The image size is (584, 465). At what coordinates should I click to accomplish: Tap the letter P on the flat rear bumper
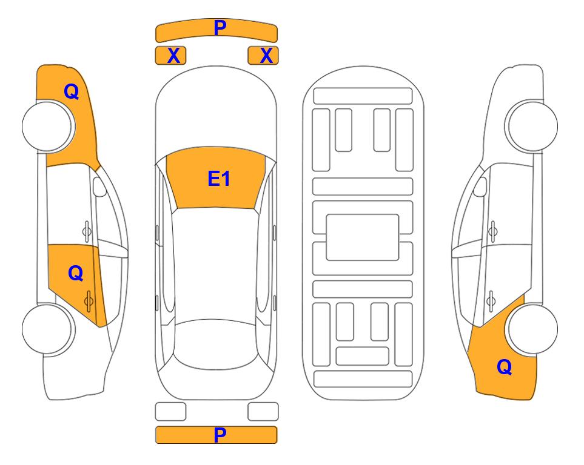[x=220, y=435]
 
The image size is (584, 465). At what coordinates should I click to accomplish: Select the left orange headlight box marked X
[x=170, y=56]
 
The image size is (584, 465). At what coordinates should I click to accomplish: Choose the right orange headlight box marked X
[x=263, y=56]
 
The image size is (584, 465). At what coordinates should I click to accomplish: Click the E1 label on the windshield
[x=219, y=179]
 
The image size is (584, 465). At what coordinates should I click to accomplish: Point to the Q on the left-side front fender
[x=72, y=91]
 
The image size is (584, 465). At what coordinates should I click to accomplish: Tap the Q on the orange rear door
[x=76, y=274]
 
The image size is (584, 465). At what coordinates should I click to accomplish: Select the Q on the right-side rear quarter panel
[x=505, y=367]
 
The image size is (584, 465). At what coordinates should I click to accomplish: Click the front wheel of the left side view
[x=48, y=127]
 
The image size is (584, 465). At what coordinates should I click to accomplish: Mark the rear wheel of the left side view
[x=48, y=329]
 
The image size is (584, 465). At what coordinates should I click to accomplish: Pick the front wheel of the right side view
[x=532, y=126]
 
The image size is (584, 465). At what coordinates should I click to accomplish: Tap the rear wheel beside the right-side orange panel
[x=533, y=329]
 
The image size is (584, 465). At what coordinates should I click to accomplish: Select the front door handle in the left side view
[x=87, y=231]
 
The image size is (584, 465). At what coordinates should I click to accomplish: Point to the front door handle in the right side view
[x=493, y=231]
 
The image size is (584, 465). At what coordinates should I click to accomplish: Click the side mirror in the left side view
[x=99, y=186]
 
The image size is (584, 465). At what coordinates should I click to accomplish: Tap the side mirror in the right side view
[x=480, y=186]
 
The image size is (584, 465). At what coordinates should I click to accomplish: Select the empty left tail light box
[x=170, y=412]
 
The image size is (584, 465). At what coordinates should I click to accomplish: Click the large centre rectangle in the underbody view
[x=363, y=237]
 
